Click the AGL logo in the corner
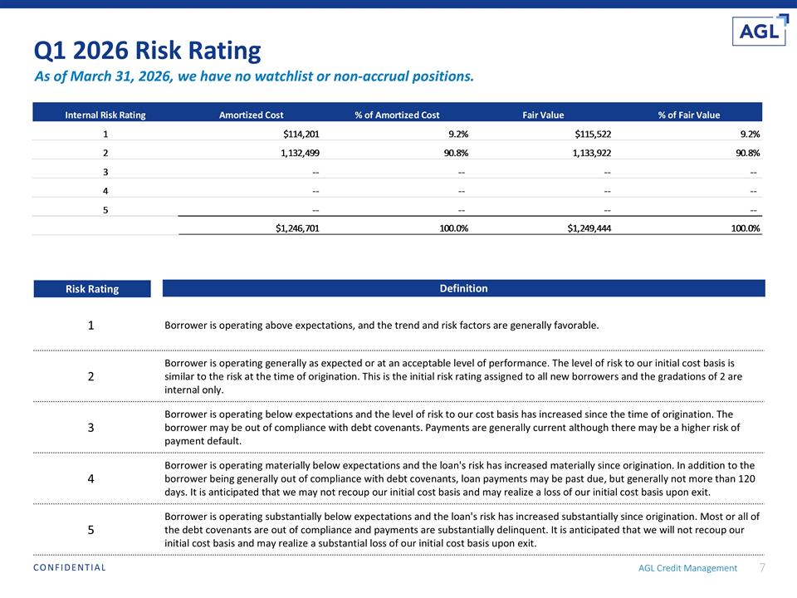[x=760, y=30]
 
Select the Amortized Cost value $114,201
[x=301, y=135]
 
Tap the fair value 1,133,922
[x=592, y=153]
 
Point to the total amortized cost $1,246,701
[x=297, y=228]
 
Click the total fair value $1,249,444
[x=589, y=228]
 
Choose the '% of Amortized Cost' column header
[x=397, y=115]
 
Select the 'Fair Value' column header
[x=543, y=115]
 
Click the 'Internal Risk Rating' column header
[x=105, y=115]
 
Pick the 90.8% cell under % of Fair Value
[x=748, y=153]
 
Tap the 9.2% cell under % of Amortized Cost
[x=458, y=135]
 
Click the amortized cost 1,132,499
[x=300, y=153]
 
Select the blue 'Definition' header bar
[x=463, y=288]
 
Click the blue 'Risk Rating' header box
[x=92, y=289]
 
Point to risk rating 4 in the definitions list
[x=91, y=478]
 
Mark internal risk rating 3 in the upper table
[x=105, y=172]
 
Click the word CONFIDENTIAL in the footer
[x=70, y=567]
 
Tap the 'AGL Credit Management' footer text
[x=687, y=568]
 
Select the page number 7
[x=762, y=567]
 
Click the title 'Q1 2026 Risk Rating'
[x=148, y=51]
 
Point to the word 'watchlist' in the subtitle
[x=282, y=76]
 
